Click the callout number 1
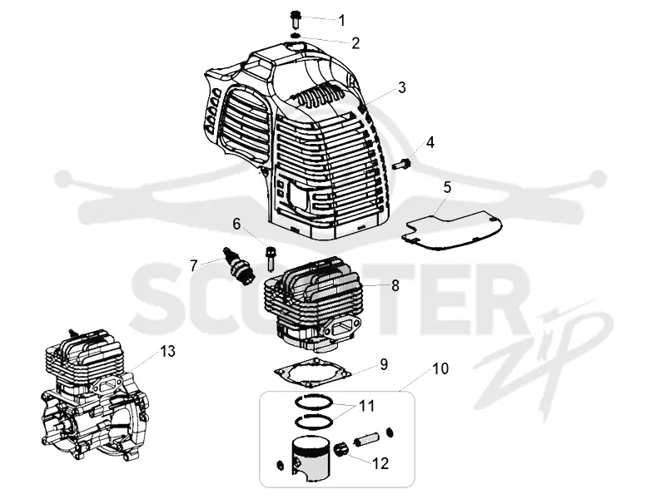(x=342, y=19)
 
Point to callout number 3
(x=401, y=87)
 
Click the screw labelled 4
(x=401, y=163)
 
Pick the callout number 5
(x=447, y=187)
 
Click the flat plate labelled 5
(x=452, y=230)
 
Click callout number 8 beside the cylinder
(x=395, y=285)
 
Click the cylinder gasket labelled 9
(x=314, y=373)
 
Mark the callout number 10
(x=441, y=368)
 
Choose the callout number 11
(x=367, y=406)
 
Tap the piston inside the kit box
(x=311, y=456)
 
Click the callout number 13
(x=167, y=351)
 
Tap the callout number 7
(x=194, y=266)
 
